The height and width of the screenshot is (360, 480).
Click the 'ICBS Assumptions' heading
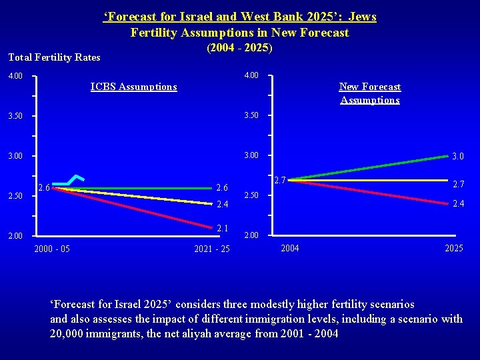pyautogui.click(x=133, y=87)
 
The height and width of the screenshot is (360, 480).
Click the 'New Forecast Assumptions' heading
pyautogui.click(x=370, y=93)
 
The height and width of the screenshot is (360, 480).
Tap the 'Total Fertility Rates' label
pyautogui.click(x=55, y=57)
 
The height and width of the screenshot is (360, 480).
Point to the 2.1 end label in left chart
pyautogui.click(x=223, y=229)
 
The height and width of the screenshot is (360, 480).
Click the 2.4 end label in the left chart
pyautogui.click(x=223, y=204)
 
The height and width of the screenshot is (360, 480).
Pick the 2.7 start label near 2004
pyautogui.click(x=280, y=180)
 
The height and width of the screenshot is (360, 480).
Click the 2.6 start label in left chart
pyautogui.click(x=44, y=187)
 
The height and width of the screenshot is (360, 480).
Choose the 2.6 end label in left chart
pyautogui.click(x=223, y=188)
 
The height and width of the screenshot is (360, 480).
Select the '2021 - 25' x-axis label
pyautogui.click(x=212, y=249)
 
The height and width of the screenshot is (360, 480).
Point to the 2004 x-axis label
pyautogui.click(x=290, y=249)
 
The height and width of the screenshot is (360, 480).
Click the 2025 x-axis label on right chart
pyautogui.click(x=454, y=249)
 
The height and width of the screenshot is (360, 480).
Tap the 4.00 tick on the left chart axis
pyautogui.click(x=15, y=76)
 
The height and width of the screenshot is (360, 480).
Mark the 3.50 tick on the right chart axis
pyautogui.click(x=252, y=116)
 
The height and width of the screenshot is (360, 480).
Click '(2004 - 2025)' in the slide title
pyautogui.click(x=240, y=48)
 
